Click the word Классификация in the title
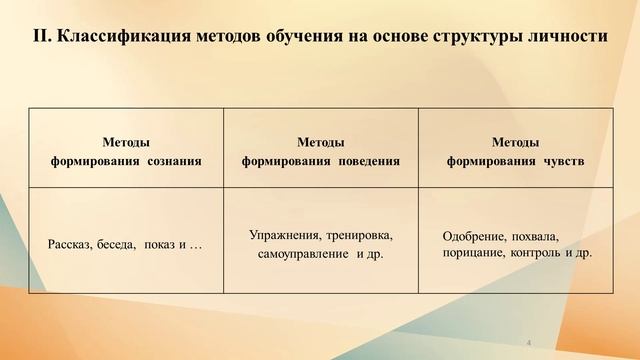click(121, 39)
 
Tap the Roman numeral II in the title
click(41, 39)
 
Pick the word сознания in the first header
click(174, 159)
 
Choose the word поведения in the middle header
click(368, 159)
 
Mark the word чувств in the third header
click(564, 159)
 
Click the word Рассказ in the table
click(70, 245)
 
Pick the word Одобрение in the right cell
click(473, 237)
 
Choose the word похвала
click(535, 237)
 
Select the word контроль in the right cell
click(535, 253)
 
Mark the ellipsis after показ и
click(195, 245)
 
